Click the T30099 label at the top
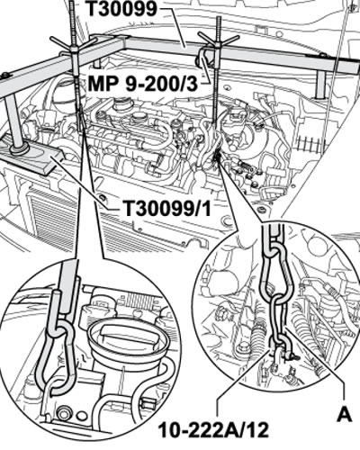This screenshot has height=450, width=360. coord(121,8)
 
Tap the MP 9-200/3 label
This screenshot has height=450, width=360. coord(143,85)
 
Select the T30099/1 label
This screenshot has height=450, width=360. coord(167,208)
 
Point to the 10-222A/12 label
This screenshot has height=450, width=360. coord(213,431)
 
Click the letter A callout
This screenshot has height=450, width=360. coord(345,415)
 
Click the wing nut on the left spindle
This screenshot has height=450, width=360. coord(73,45)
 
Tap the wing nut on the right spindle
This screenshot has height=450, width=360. coord(218,41)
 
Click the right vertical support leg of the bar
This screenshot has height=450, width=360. coord(320,84)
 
